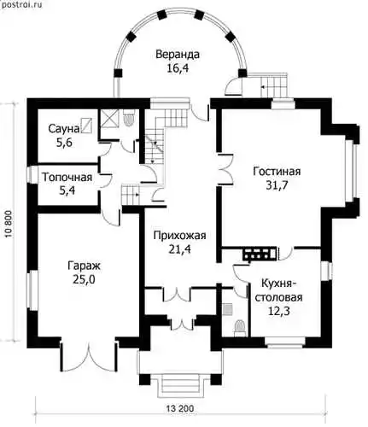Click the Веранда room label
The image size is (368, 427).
[178, 55]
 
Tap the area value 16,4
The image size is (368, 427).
[178, 68]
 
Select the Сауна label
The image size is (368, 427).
[64, 129]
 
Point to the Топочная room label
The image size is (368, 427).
[67, 177]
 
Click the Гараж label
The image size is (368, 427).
[84, 266]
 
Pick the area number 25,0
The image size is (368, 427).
[84, 279]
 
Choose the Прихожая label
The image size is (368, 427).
[179, 236]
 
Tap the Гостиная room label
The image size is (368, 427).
[277, 172]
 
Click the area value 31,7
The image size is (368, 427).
[277, 185]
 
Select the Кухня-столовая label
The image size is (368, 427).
[278, 290]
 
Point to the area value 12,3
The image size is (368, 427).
[278, 311]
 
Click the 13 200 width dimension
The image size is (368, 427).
[180, 408]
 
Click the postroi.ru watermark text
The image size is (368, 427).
[21, 4]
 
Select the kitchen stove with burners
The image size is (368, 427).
[260, 254]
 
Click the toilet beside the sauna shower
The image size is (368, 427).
[129, 119]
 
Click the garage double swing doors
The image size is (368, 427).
[89, 356]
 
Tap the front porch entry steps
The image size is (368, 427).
[180, 386]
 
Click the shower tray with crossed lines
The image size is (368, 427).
[109, 118]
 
